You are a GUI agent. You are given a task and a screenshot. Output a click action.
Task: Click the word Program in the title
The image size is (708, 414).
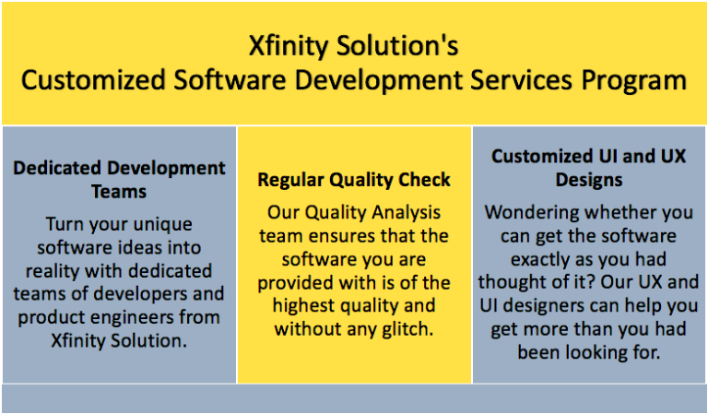634,81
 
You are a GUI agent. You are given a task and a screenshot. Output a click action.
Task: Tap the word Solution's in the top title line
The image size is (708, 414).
398,45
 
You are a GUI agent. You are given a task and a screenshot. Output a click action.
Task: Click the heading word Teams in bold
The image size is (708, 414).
119,192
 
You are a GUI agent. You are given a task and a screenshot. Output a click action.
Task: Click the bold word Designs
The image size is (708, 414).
589,180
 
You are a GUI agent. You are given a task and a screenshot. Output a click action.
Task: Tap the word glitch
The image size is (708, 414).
407,329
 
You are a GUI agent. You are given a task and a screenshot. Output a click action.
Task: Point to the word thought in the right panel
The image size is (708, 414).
508,283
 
